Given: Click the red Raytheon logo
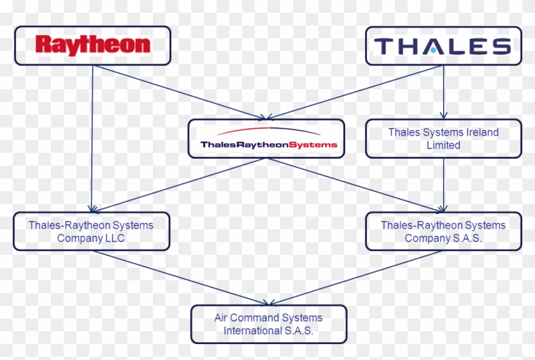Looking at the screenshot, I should [x=93, y=45].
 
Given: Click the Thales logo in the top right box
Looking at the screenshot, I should [x=443, y=46].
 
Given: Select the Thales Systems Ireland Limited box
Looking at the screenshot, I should [x=443, y=138].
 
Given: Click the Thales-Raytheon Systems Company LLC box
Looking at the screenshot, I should [x=91, y=231].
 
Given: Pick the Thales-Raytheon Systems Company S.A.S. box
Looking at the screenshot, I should [x=443, y=231].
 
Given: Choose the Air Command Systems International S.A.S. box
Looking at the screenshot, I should [x=268, y=324].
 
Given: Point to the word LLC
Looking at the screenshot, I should [x=115, y=238].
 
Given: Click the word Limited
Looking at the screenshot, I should [x=443, y=145].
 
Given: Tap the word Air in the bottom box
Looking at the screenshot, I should [x=220, y=317].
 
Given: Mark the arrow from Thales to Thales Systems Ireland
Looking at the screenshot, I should [x=443, y=92].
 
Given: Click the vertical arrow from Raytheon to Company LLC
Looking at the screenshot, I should [x=92, y=140].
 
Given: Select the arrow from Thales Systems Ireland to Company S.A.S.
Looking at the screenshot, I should [x=443, y=185].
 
